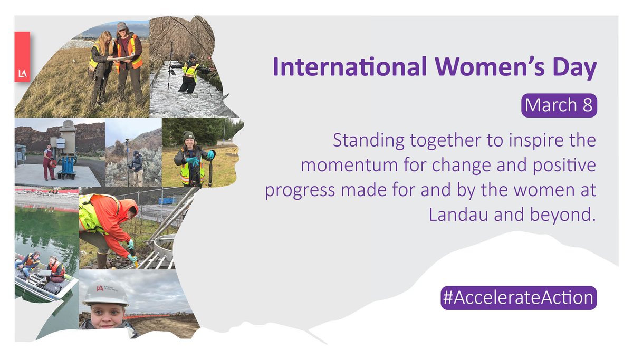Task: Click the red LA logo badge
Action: tap(22, 56)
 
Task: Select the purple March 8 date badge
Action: tap(559, 106)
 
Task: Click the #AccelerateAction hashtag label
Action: tap(519, 298)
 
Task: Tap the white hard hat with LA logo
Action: tap(105, 291)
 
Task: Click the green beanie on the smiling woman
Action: tap(189, 136)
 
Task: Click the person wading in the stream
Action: tap(189, 74)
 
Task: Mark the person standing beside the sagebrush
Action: tap(137, 168)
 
